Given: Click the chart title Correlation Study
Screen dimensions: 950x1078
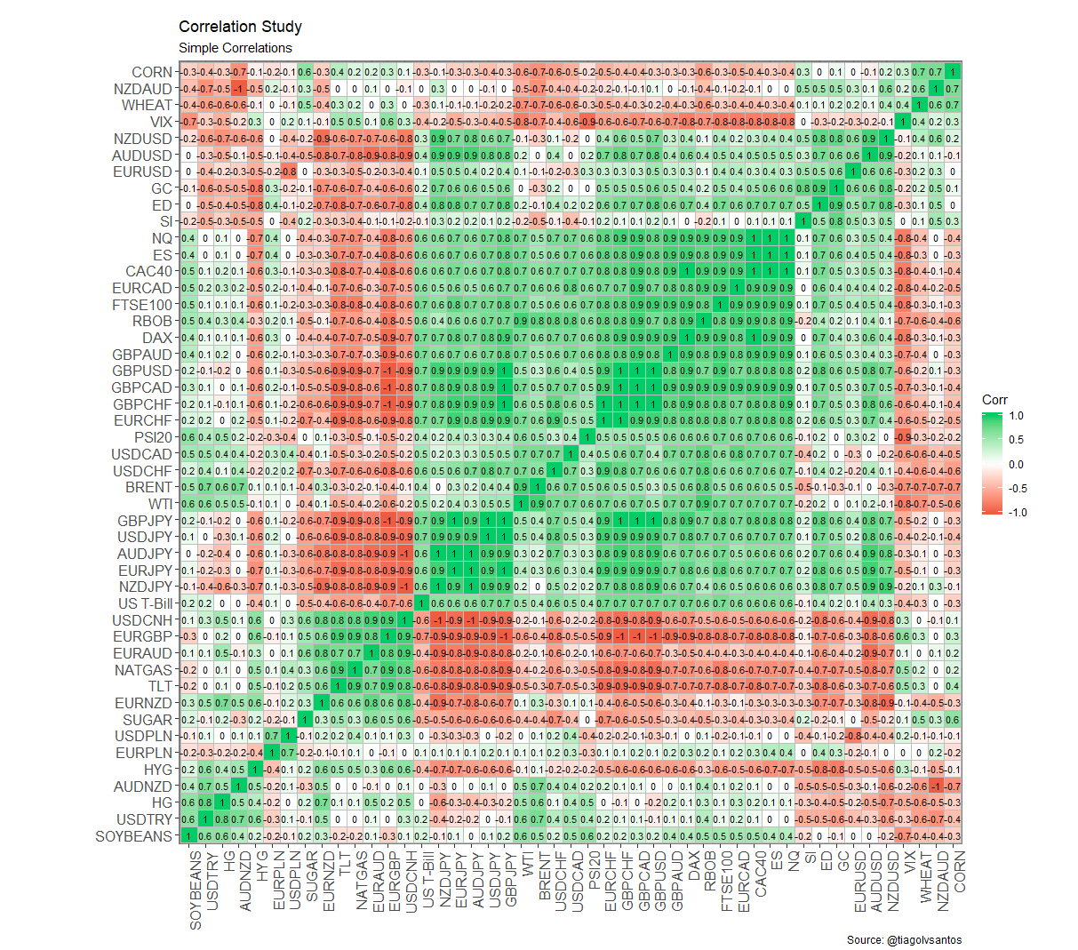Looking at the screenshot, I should click(x=240, y=27).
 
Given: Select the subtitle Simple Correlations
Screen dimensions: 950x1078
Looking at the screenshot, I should click(x=235, y=48).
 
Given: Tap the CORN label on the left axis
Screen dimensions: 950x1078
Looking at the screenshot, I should click(x=152, y=72).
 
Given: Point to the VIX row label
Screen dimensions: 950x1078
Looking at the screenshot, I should click(x=161, y=122).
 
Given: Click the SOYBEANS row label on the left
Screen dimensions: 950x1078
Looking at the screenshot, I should click(x=133, y=836).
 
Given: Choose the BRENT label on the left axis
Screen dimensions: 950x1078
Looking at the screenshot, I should click(x=148, y=487).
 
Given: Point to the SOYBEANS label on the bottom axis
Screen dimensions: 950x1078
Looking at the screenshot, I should click(x=196, y=890).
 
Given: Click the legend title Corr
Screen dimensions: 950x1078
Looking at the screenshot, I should click(x=994, y=400).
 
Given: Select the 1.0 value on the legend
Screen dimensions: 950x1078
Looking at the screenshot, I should click(x=1017, y=415).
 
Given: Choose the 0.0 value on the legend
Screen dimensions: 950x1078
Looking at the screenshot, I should click(x=1017, y=464).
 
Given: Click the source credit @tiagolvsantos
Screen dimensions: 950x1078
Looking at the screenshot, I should click(x=904, y=939).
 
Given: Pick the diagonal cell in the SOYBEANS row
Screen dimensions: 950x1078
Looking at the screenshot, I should click(x=188, y=836).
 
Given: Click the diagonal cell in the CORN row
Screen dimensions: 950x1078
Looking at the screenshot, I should click(x=953, y=72).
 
